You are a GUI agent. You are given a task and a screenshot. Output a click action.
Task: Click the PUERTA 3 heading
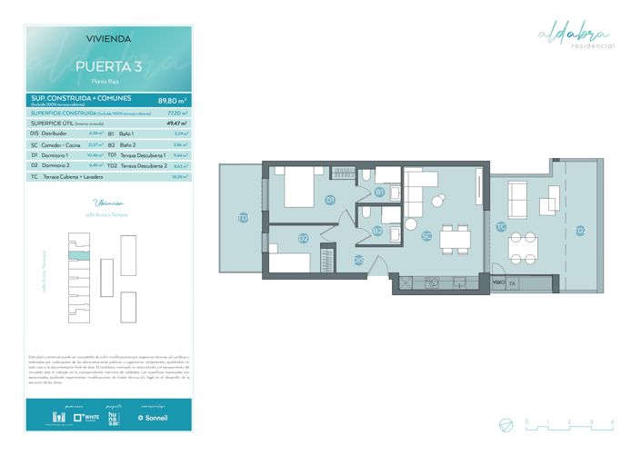[108, 66]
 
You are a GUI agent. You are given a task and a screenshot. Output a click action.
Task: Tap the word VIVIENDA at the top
[108, 39]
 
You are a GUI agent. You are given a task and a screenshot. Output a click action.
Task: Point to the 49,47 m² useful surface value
[176, 123]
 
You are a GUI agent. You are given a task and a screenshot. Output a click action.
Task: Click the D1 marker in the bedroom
[330, 200]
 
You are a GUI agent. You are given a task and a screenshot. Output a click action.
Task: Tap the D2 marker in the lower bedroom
[304, 239]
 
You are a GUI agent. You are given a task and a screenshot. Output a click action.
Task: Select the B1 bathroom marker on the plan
[379, 192]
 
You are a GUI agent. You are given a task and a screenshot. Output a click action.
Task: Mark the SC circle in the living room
[426, 235]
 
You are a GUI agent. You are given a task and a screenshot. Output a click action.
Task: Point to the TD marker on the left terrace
[242, 218]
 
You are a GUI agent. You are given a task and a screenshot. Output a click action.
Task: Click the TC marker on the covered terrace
[501, 226]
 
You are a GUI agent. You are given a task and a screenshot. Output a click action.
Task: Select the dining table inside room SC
[455, 239]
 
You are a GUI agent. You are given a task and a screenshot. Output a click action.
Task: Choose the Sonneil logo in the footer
[153, 418]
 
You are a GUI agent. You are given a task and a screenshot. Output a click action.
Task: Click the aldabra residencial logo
[577, 37]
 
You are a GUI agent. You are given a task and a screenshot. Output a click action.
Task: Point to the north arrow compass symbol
[505, 423]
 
